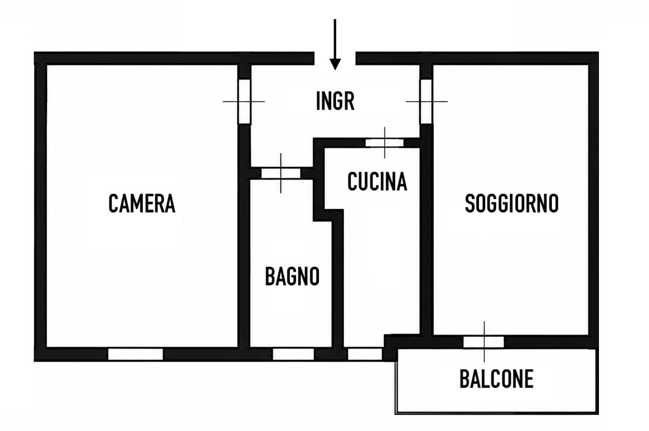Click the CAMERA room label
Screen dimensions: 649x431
pos(142,204)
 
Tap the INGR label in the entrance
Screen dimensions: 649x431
pos(335,101)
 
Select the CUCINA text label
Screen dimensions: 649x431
pos(377,182)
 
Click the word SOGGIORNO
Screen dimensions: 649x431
pos(512,204)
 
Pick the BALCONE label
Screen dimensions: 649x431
pos(497,379)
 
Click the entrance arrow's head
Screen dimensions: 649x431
pos(335,64)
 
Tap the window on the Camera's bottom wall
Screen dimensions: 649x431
pos(136,354)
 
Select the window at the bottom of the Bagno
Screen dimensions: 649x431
pos(293,354)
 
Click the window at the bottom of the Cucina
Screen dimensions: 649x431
pos(365,354)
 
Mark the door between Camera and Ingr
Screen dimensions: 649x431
pos(244,102)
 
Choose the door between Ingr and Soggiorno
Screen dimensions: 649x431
pos(426,102)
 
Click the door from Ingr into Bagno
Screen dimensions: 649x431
pos(281,174)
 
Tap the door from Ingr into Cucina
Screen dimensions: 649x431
pos(385,143)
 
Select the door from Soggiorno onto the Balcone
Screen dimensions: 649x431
pos(484,342)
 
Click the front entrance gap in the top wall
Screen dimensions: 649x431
pos(335,58)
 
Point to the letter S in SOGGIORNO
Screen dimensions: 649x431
pos(470,204)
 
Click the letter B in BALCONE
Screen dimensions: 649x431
pos(465,379)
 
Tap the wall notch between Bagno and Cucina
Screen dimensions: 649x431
pos(329,215)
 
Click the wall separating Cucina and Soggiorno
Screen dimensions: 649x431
pos(426,232)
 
